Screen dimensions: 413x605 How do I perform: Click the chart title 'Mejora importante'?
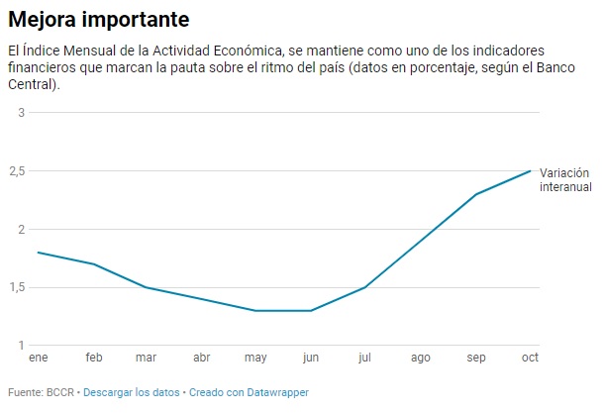(x=98, y=19)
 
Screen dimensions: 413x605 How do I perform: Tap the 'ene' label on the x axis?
(x=39, y=357)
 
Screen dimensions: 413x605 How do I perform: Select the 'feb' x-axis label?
(x=93, y=357)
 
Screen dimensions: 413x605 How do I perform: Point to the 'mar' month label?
(x=148, y=357)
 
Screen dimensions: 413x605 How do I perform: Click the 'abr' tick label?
(x=202, y=357)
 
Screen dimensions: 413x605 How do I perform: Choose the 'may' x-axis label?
(x=256, y=358)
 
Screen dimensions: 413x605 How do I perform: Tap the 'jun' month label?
(x=311, y=358)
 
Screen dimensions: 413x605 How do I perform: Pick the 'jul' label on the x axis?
(x=365, y=357)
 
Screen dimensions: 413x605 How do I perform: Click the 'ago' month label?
(x=420, y=358)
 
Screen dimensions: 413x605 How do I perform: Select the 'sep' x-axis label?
(x=475, y=358)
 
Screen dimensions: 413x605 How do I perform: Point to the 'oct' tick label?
(x=530, y=357)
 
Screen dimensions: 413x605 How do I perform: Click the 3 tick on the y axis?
(x=20, y=112)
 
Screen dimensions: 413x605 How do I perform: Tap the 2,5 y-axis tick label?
(x=16, y=170)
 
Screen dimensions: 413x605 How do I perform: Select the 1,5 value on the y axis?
(x=16, y=287)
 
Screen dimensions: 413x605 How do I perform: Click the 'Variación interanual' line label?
(x=565, y=179)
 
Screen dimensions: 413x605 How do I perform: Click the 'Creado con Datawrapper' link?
(x=249, y=392)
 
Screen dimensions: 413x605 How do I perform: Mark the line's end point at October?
(x=531, y=171)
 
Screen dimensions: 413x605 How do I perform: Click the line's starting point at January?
(x=38, y=253)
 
